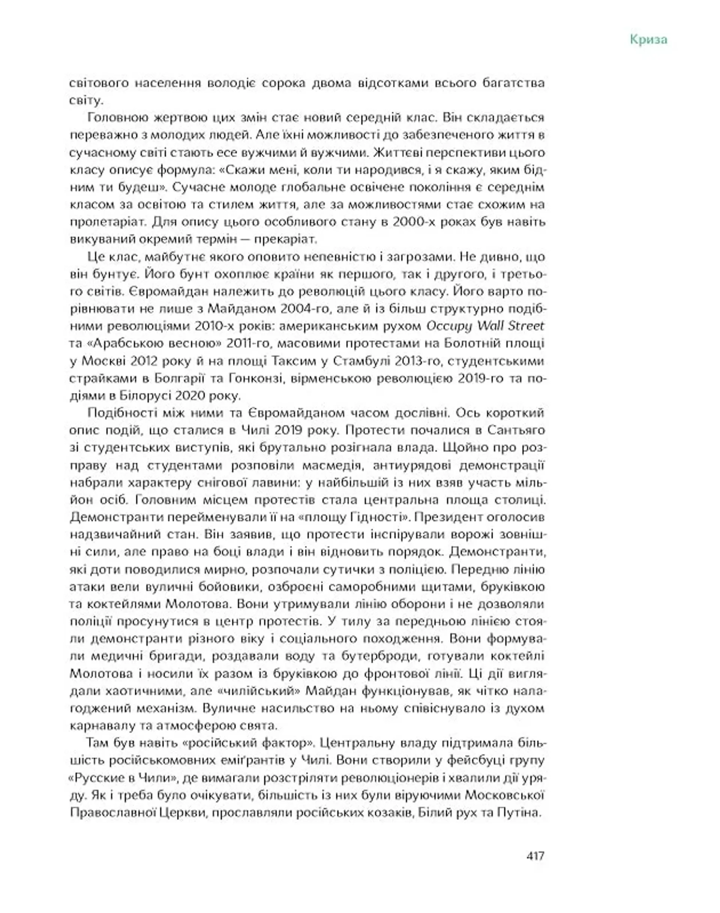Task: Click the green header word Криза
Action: [x=648, y=40]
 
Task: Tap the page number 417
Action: [x=535, y=855]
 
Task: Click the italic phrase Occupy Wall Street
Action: [x=485, y=326]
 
